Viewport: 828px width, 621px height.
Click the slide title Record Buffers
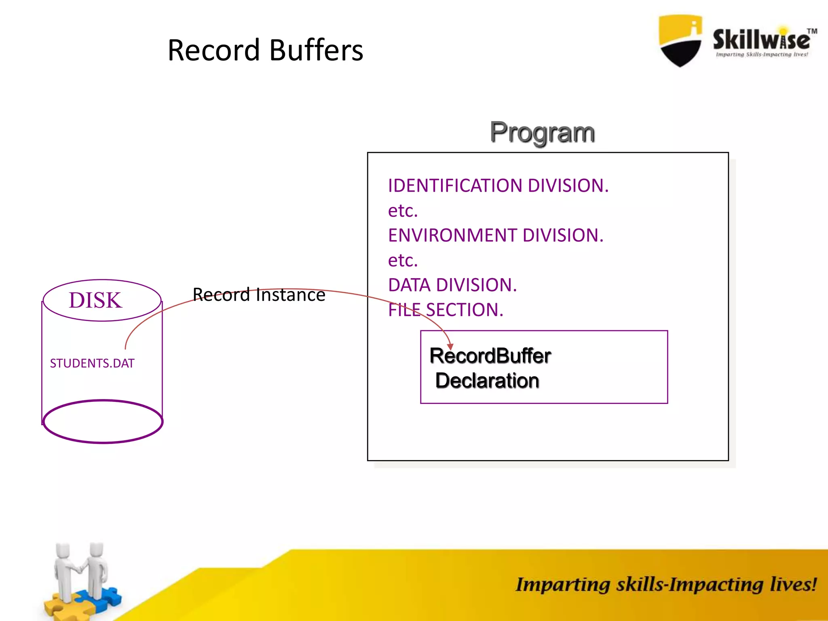265,50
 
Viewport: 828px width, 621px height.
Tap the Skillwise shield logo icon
680,40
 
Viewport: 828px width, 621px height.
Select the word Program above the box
542,132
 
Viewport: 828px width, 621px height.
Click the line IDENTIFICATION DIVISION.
498,186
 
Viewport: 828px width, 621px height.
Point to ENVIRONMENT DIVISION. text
495,235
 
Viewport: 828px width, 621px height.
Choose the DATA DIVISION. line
452,285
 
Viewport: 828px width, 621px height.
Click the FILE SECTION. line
446,310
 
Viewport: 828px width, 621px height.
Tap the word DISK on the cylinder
95,300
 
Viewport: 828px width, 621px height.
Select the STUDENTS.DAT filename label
92,363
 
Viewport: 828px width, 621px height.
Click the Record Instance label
259,295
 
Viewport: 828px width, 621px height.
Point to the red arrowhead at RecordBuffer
450,347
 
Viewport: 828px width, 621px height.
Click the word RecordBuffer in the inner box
490,356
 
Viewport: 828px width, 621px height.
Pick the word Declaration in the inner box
487,381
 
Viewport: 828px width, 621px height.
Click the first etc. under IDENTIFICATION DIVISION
403,211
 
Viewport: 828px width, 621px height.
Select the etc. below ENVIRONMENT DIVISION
403,260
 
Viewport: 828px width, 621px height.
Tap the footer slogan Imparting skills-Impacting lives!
666,585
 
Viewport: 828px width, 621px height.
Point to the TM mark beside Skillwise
812,31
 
